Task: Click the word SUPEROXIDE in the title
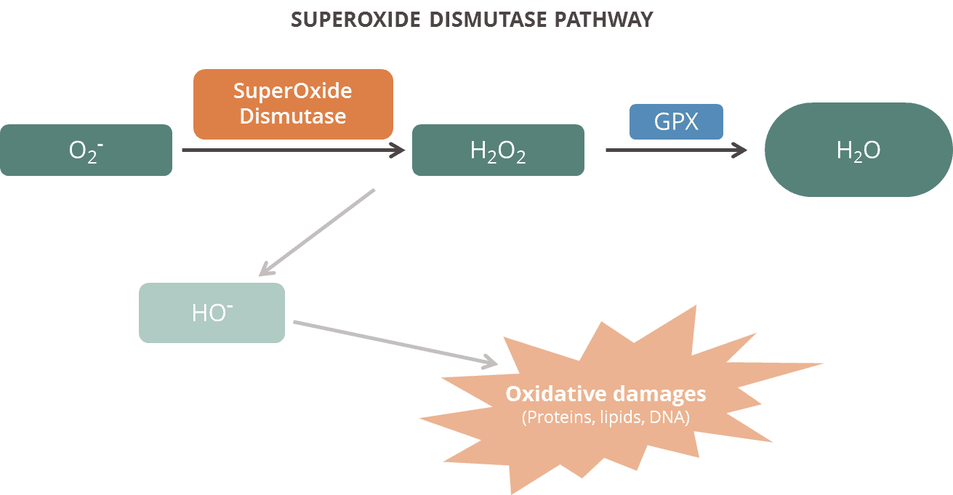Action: coord(355,20)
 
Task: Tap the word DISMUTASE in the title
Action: coord(488,20)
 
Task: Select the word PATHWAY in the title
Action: coord(603,20)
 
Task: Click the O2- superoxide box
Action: coord(86,150)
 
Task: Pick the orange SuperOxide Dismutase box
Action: coord(293,104)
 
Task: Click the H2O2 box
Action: coord(498,150)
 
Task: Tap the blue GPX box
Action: coord(676,121)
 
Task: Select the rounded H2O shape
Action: coord(858,150)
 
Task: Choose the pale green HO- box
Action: coord(212,313)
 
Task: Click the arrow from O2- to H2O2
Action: coord(294,150)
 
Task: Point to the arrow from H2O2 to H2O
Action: coord(677,150)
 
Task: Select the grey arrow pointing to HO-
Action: coord(317,233)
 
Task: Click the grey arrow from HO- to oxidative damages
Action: coord(395,344)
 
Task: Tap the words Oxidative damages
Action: coord(606,394)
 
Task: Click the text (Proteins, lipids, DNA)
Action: coord(606,417)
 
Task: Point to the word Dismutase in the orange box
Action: coord(293,116)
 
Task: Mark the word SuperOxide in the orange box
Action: coord(293,91)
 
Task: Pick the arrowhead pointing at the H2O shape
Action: coord(740,150)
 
